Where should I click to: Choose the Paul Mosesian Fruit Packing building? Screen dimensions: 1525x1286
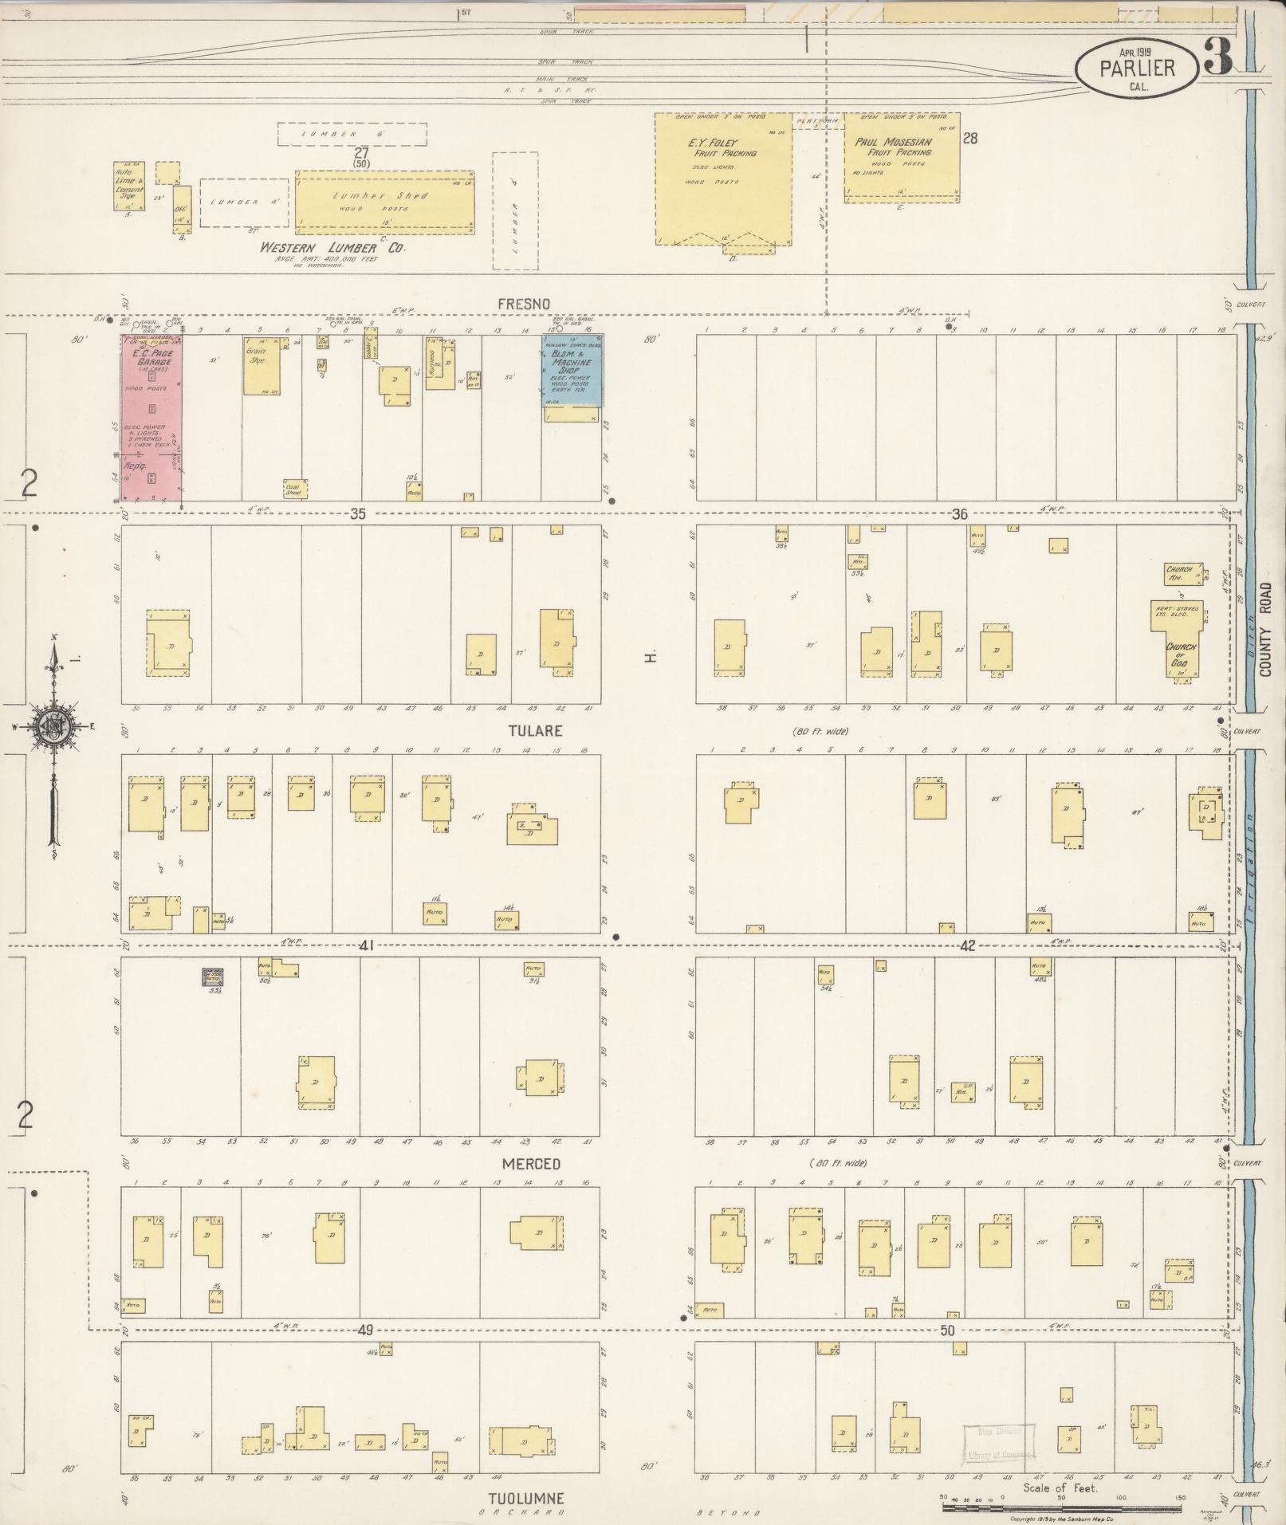click(902, 157)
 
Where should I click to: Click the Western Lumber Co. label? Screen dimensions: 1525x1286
click(332, 249)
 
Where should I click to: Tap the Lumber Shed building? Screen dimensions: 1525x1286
click(384, 200)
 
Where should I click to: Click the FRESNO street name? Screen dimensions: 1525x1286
click(524, 304)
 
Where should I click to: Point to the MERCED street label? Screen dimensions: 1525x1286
click(531, 1164)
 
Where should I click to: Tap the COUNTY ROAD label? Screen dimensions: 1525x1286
click(1266, 630)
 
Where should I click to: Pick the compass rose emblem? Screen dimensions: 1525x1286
click(53, 725)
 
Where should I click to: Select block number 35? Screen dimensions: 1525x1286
click(357, 514)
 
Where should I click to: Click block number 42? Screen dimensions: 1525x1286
click(967, 946)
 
